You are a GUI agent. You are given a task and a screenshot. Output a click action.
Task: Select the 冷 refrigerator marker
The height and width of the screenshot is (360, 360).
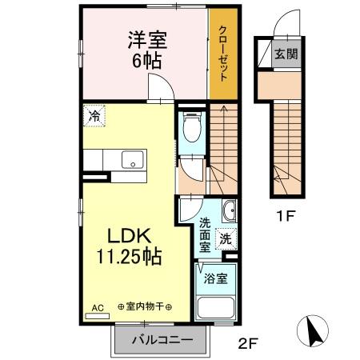94,115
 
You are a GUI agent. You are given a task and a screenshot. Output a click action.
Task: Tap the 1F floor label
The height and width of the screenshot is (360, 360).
286,214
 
